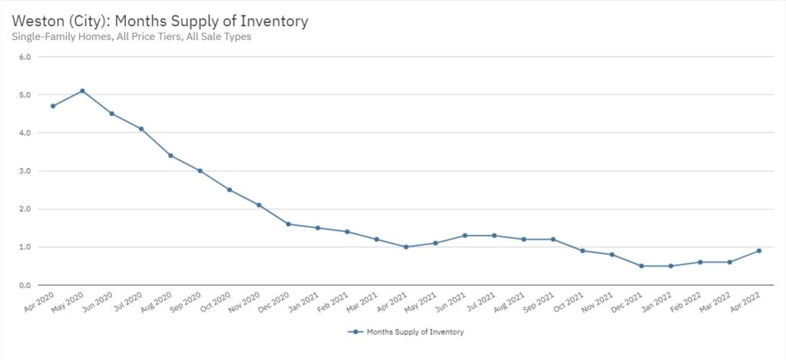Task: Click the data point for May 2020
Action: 82,91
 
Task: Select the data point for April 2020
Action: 53,106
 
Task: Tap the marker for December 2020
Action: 288,224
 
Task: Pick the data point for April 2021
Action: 406,247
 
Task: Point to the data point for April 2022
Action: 758,251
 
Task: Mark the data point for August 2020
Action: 170,156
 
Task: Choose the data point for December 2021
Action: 641,266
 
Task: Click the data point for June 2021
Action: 464,236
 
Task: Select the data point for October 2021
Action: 582,251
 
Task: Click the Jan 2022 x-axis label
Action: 657,301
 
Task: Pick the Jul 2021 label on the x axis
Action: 481,301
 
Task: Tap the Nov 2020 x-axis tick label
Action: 246,301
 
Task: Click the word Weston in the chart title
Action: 38,21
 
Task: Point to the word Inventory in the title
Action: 274,21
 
